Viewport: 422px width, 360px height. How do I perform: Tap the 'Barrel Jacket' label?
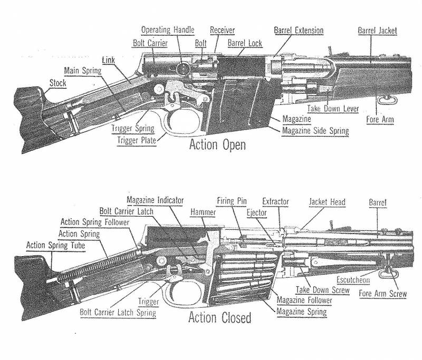pos(377,30)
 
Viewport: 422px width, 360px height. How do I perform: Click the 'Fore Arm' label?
pos(379,120)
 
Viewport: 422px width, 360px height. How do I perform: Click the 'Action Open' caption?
pos(217,145)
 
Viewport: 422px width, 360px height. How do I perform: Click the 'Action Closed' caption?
pos(219,318)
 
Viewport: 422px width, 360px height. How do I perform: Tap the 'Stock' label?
pos(58,83)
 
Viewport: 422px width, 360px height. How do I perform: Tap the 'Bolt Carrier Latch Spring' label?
pos(118,312)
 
